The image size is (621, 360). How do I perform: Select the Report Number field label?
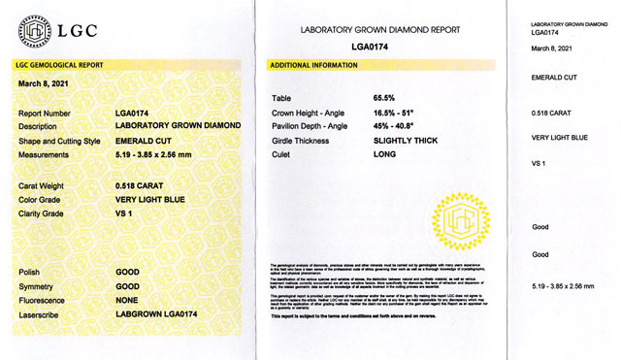45,115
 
